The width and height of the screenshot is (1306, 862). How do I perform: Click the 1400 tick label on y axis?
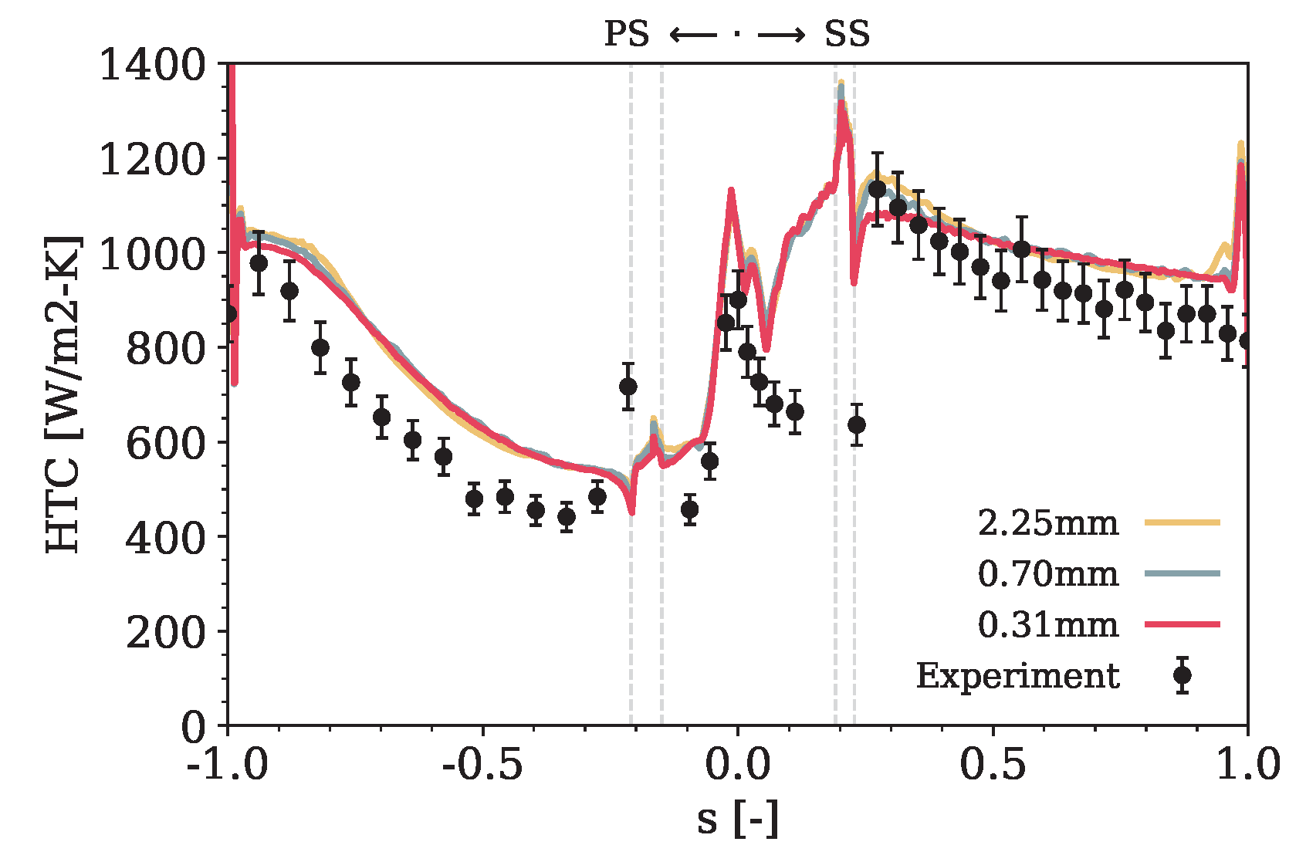point(153,65)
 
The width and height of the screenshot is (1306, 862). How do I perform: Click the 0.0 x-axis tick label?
point(737,764)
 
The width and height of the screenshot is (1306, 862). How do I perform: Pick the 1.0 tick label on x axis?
point(1247,764)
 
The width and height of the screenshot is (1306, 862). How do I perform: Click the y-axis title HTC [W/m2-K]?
point(63,394)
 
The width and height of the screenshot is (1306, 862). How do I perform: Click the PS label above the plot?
point(626,35)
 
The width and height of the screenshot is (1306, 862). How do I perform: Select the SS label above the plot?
point(847,35)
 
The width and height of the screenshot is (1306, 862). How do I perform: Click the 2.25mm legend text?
point(1047,523)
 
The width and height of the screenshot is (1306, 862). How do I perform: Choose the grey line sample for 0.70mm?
point(1182,573)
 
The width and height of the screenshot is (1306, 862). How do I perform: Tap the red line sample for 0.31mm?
point(1182,624)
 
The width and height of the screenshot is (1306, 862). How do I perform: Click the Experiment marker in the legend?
point(1182,675)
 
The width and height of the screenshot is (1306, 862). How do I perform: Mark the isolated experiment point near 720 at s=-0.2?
point(628,386)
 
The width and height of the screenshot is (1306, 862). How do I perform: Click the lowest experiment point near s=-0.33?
point(567,516)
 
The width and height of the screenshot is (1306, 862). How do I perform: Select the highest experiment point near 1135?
point(877,189)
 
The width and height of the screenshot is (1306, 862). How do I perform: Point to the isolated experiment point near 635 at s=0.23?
point(856,424)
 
